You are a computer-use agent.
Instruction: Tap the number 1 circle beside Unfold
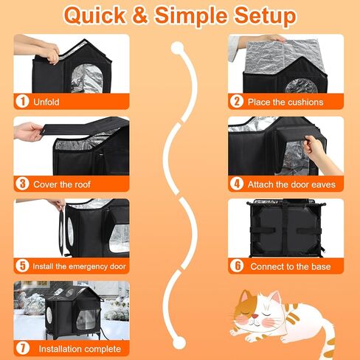[x=23, y=101]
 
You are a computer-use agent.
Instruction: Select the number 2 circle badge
[x=237, y=101]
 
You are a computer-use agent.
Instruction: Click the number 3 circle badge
[x=23, y=184]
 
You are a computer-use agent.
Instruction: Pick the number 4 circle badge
[x=237, y=184]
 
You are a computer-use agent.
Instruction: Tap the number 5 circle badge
[x=23, y=266]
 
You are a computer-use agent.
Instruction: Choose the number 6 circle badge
[x=237, y=266]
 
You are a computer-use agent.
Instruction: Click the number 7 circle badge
[x=23, y=348]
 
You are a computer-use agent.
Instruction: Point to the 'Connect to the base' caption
[x=288, y=266]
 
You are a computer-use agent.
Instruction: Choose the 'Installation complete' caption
[x=80, y=348]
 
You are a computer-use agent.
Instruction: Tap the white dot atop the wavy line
[x=177, y=49]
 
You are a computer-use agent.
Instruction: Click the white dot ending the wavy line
[x=177, y=342]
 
